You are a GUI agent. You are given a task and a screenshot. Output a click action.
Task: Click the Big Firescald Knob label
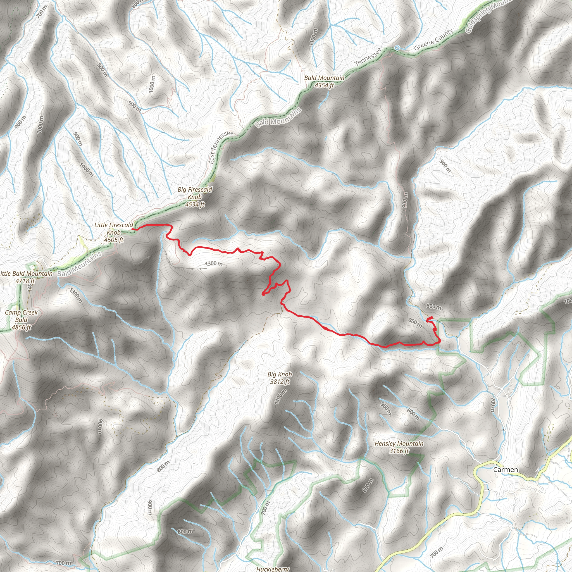195,193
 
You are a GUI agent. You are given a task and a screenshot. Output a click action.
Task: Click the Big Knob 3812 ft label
280,378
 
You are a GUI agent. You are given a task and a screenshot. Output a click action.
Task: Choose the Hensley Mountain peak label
399,444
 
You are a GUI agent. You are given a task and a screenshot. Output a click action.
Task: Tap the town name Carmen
506,469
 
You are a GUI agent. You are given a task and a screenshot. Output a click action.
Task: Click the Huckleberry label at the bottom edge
273,569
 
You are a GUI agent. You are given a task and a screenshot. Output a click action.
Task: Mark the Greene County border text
433,40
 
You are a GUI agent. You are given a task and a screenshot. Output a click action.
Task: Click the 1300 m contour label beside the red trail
213,263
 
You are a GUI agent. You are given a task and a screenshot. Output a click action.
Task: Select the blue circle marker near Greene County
397,48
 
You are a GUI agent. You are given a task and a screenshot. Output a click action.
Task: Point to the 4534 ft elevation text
195,204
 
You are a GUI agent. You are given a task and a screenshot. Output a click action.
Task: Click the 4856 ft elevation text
21,327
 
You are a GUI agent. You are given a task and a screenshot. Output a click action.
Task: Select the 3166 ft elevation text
399,451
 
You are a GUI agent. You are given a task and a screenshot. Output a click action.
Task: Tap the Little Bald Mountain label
26,273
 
